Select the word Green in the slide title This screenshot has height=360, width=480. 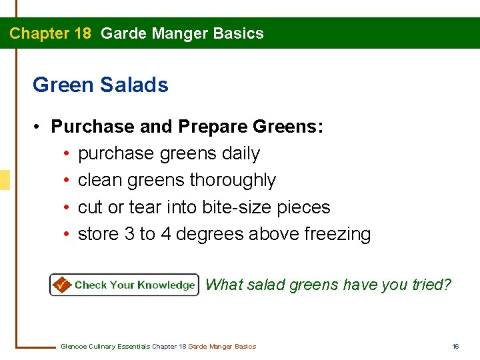click(63, 85)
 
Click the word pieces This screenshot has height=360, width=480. click(304, 207)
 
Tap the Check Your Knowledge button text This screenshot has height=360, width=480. click(134, 285)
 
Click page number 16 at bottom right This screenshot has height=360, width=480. click(456, 346)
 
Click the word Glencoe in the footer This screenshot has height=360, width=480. click(73, 346)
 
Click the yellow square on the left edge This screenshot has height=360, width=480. click(5, 180)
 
